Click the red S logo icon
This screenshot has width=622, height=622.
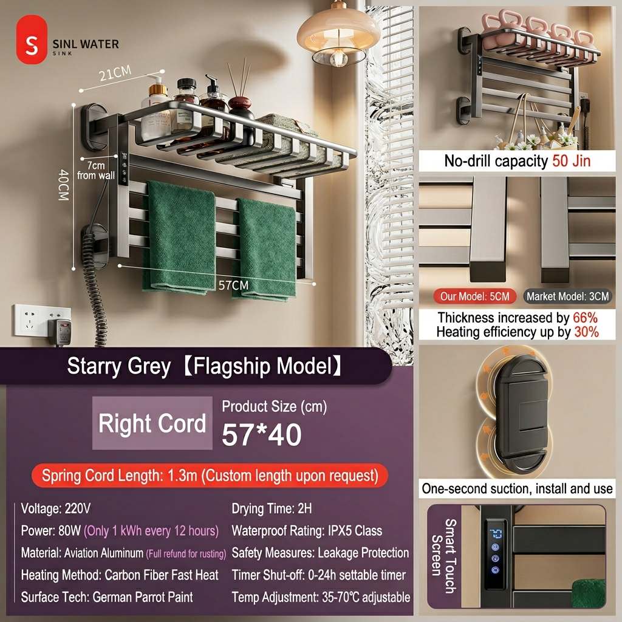click(32, 39)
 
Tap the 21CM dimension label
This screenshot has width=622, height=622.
click(115, 73)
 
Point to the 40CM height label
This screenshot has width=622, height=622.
click(64, 185)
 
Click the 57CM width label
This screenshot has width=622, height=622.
click(233, 285)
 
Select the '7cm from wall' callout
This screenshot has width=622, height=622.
click(95, 170)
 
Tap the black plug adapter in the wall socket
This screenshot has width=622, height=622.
click(60, 332)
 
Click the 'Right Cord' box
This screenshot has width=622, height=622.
click(152, 423)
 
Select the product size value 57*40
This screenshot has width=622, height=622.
click(262, 435)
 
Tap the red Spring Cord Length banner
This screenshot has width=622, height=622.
click(210, 475)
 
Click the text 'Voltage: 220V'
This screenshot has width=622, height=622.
click(56, 508)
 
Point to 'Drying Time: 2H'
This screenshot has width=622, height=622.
click(272, 508)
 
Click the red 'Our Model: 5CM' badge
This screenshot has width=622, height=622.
click(474, 296)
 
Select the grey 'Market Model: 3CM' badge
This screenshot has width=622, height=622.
click(568, 296)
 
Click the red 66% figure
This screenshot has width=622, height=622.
click(585, 318)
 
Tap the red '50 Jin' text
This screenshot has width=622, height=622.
click(571, 160)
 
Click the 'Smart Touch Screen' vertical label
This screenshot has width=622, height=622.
click(444, 556)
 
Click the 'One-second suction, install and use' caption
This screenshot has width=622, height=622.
click(518, 488)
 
